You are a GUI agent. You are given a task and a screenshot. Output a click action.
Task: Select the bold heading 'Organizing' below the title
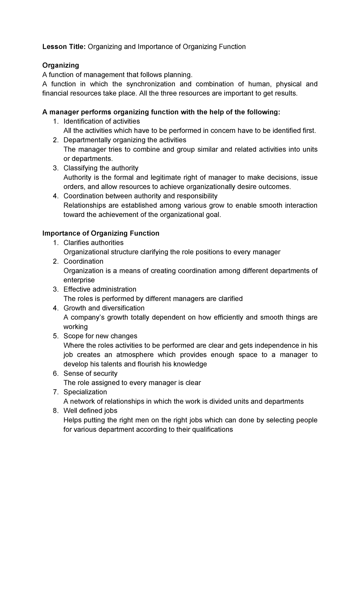pos(61,65)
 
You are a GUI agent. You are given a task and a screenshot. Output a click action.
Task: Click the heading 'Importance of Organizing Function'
pos(101,233)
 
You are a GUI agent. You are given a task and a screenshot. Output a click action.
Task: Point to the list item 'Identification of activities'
pos(101,121)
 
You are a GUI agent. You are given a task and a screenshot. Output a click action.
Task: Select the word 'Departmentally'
pos(84,140)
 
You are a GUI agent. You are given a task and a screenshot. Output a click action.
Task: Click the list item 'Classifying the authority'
pos(101,168)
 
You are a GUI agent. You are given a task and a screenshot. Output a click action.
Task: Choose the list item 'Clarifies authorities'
pos(93,242)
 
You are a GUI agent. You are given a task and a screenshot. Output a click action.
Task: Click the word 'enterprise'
pos(79,280)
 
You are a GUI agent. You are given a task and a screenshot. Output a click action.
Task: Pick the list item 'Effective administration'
pos(100,289)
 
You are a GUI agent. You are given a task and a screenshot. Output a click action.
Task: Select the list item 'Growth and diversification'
pos(104,308)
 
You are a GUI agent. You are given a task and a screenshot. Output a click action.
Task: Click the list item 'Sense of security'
pos(90,374)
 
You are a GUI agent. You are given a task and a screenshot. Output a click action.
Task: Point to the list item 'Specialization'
pos(85,392)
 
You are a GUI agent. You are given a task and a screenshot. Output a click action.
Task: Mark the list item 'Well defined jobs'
pos(90,411)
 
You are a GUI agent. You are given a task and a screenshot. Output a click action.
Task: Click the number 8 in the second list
pos(55,411)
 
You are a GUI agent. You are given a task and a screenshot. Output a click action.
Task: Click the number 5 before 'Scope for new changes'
pos(55,336)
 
